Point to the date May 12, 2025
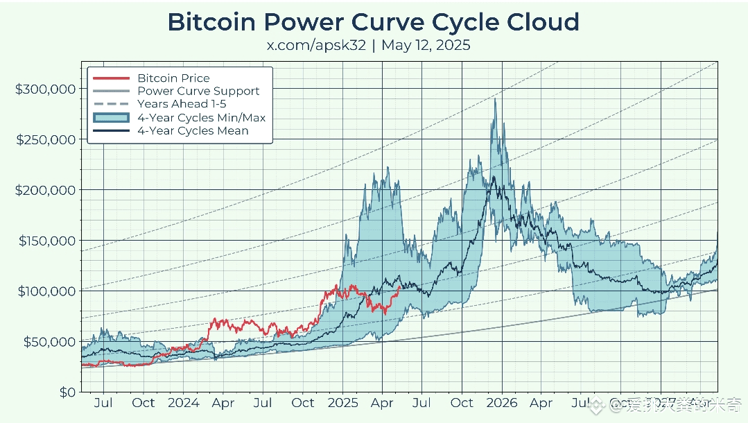(x=426, y=46)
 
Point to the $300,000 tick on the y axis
(x=44, y=89)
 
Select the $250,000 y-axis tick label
(x=44, y=139)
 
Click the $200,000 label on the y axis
(x=44, y=190)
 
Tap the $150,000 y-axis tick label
(x=44, y=241)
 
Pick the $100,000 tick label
(x=44, y=291)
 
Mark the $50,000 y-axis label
(x=47, y=341)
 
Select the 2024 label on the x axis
(x=183, y=403)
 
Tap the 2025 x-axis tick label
(x=342, y=403)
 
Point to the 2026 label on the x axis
(x=502, y=403)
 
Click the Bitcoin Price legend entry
(x=173, y=78)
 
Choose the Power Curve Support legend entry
(x=198, y=91)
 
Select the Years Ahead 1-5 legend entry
(x=182, y=104)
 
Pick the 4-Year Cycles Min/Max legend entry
(x=201, y=117)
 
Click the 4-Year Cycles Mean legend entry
(x=193, y=130)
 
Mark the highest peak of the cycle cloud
(x=495, y=99)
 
